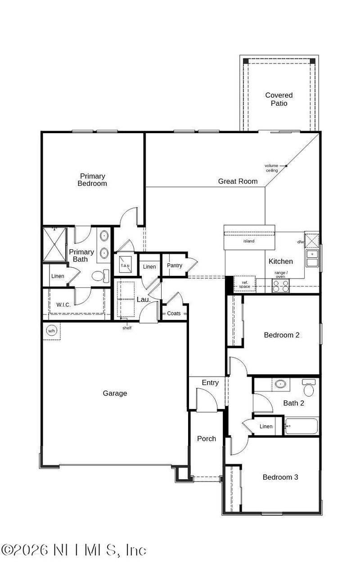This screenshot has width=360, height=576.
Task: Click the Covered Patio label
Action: pos(279,99)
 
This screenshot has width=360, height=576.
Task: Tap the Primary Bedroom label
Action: pos(92,180)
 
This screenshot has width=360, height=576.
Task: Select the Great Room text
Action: pos(238,181)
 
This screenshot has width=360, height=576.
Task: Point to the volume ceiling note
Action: pos(271,168)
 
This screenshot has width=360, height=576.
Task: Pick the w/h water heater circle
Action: pos(51,331)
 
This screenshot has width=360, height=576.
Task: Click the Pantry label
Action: pos(175,265)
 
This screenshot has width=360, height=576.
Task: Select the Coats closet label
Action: pos(174,313)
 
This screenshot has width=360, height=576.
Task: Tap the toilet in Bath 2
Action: pos(309,388)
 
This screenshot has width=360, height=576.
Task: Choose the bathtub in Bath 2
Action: pos(301,426)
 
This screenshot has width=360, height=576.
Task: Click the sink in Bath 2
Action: pos(280,385)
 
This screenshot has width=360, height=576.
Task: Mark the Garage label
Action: pos(115,393)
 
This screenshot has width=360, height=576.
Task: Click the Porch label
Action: pos(207,439)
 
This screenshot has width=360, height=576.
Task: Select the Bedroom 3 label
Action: pos(280,477)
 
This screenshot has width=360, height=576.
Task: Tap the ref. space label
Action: pos(244,284)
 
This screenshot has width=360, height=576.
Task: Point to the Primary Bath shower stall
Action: pos(54,244)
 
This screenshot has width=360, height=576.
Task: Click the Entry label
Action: pos(210,383)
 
